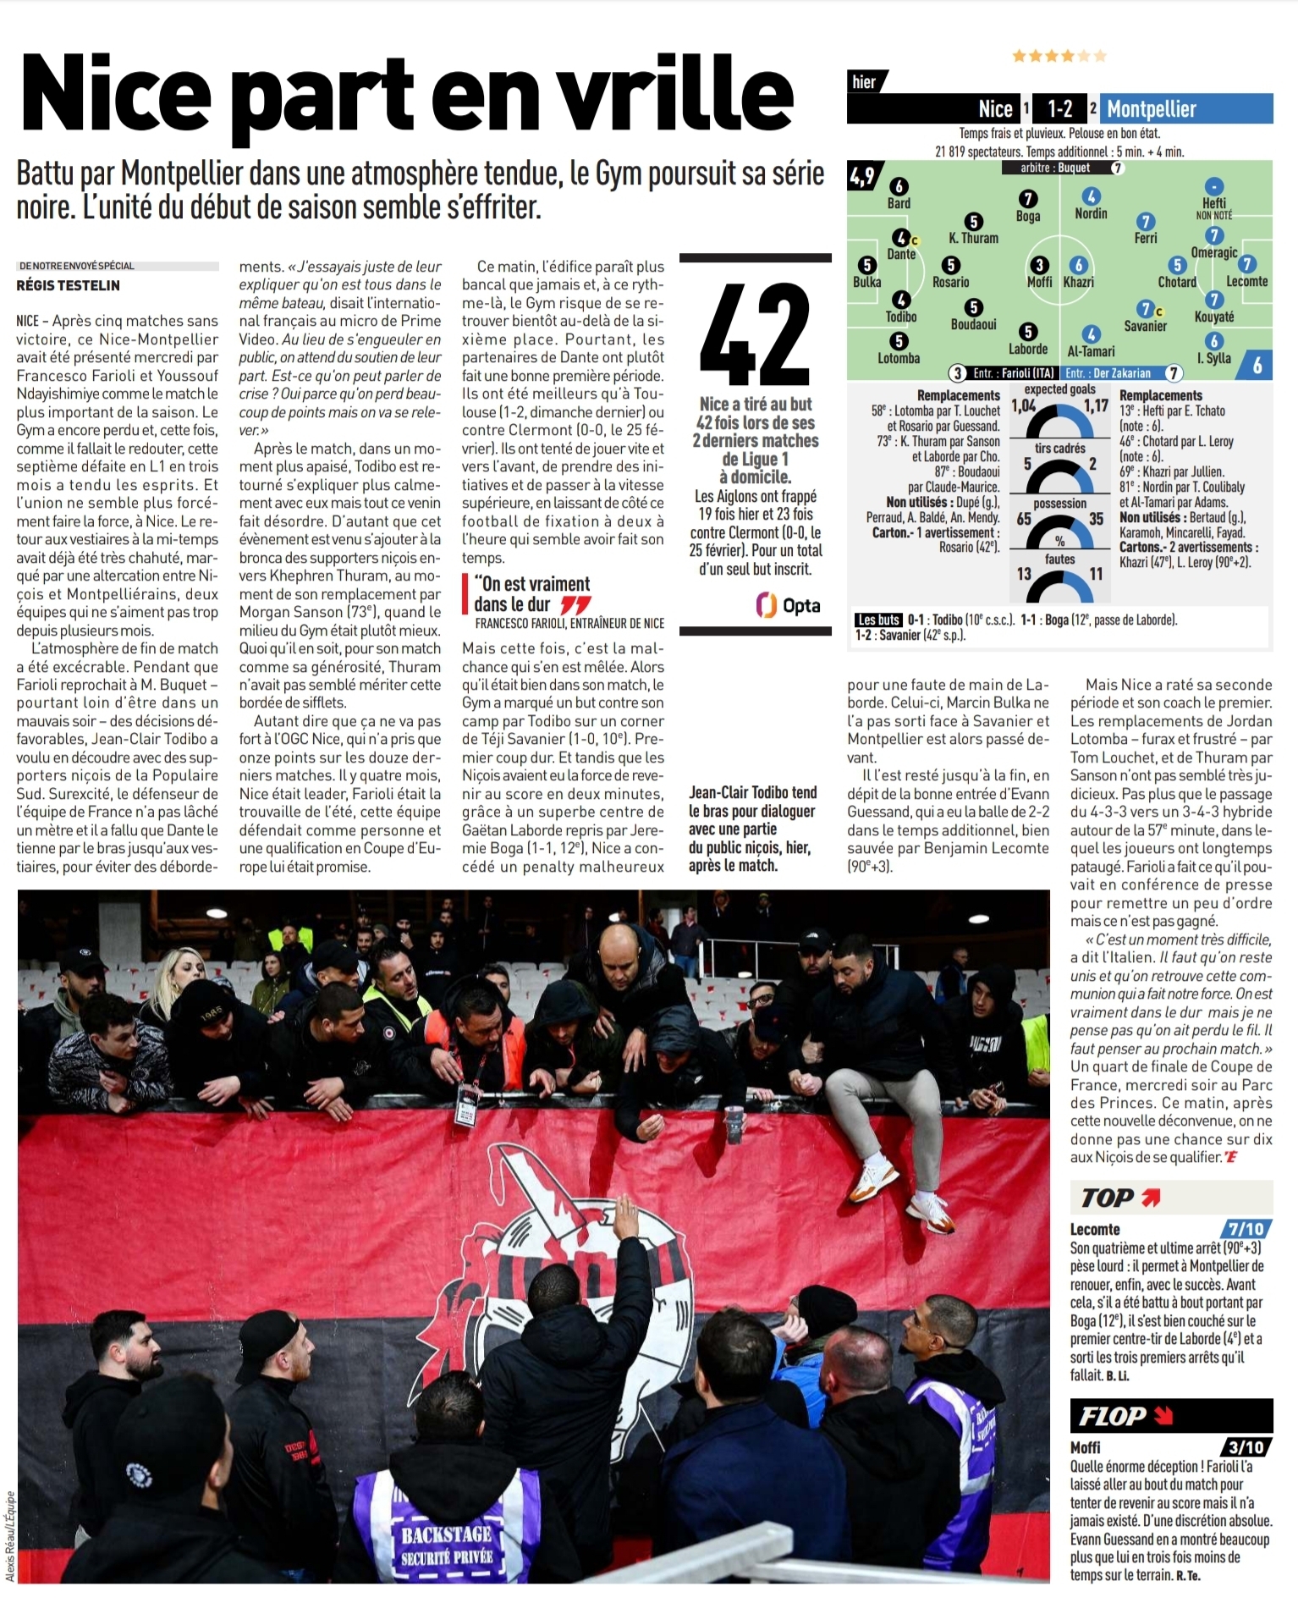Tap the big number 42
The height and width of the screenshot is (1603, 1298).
[755, 335]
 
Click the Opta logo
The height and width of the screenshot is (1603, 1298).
[788, 605]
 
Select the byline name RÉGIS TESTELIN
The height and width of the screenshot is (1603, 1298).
[69, 285]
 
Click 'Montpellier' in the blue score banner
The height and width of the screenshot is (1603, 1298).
[1152, 109]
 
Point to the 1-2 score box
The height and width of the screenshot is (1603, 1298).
[1059, 109]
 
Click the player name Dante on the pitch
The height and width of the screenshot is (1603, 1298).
[901, 254]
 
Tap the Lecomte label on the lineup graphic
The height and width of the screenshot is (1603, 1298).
[1246, 281]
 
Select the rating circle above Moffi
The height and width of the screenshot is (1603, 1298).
[1039, 265]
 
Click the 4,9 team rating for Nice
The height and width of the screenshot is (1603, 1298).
[862, 176]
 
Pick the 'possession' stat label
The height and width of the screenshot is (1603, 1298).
[1059, 504]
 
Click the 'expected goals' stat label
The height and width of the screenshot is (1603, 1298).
[1059, 389]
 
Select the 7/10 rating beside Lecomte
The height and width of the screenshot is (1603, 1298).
[1246, 1229]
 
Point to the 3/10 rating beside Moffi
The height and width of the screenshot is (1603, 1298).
[1246, 1447]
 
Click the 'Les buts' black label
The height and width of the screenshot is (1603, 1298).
[878, 620]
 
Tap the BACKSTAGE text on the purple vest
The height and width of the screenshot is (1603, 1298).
[446, 1534]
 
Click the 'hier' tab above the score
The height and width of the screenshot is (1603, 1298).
[864, 82]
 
